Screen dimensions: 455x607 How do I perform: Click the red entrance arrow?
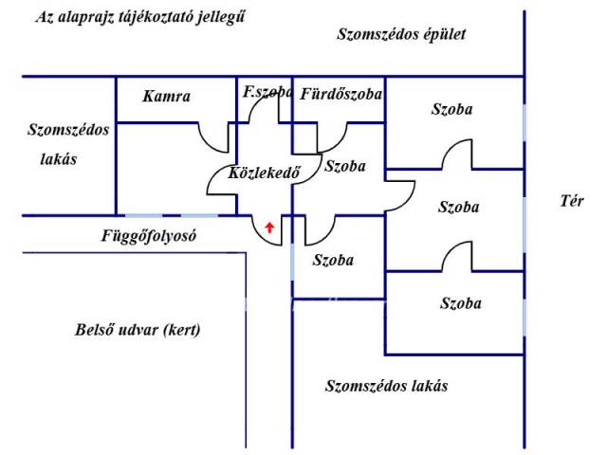(x=270, y=227)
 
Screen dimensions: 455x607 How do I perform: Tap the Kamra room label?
(x=167, y=97)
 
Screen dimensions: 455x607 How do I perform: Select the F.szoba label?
(x=267, y=92)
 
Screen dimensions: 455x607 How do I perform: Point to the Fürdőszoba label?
(x=340, y=94)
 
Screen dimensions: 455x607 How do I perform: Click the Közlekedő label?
(x=265, y=173)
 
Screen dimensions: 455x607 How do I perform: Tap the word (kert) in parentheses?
(x=181, y=331)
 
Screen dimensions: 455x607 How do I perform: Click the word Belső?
(x=92, y=331)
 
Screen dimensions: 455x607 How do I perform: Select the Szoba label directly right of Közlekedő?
(x=344, y=167)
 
